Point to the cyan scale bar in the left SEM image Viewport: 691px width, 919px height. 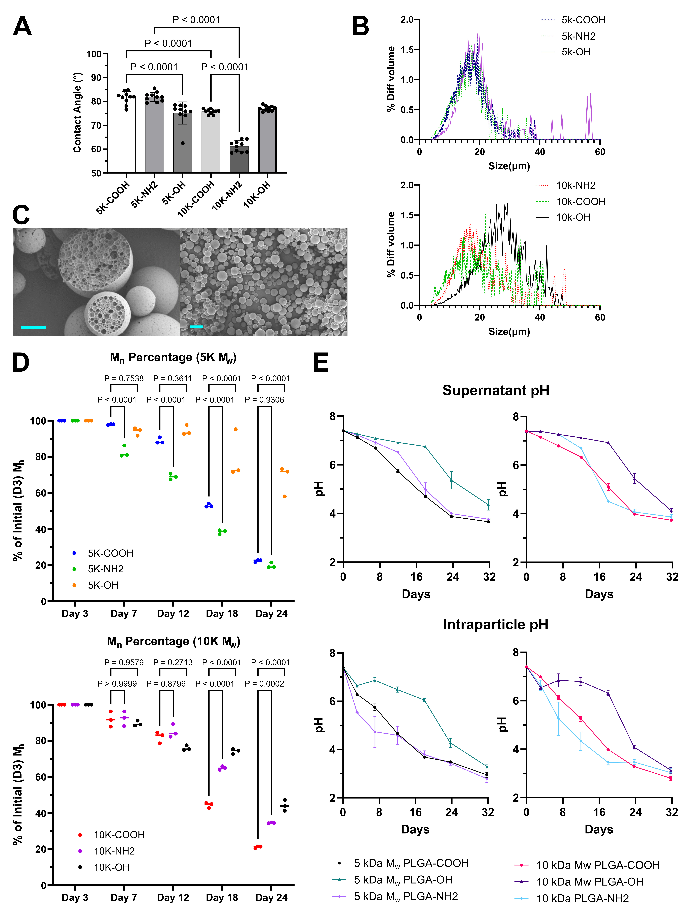[x=33, y=327]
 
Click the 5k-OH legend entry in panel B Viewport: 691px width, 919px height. [x=566, y=52]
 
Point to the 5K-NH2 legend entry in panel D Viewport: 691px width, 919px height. [x=98, y=569]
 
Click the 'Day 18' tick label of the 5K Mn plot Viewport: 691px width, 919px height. [x=222, y=614]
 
